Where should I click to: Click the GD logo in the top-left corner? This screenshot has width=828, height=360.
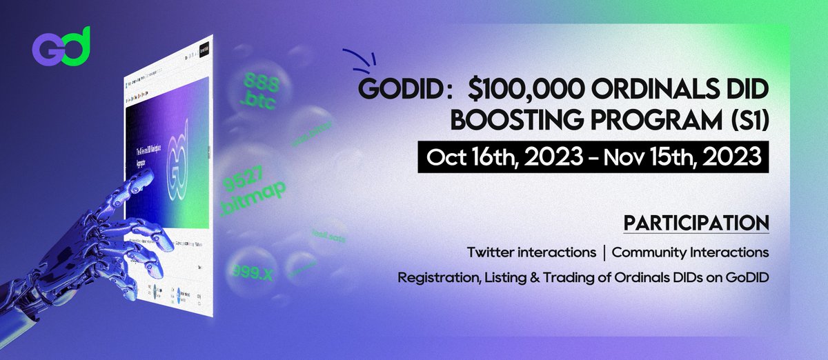click(61, 47)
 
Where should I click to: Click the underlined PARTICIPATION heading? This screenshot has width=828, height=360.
click(696, 223)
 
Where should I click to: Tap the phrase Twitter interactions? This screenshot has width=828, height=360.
click(531, 252)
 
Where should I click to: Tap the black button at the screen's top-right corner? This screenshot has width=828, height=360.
click(205, 50)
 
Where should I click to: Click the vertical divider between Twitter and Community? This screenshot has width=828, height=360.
click(604, 252)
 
